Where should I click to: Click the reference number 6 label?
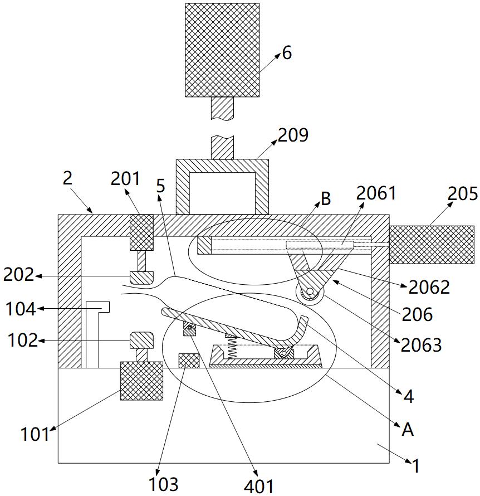pos(287,53)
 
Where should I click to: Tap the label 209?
pos(293,135)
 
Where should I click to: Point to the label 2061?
pos(376,193)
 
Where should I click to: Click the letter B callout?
pos(326,198)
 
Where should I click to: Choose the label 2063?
pos(421,345)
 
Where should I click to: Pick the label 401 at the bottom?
pos(259,486)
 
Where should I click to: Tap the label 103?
pos(163,484)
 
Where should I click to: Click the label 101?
pos(35,434)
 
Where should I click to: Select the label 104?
pos(21,309)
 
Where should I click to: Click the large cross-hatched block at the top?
pos(222,50)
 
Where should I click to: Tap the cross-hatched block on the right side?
pos(432,245)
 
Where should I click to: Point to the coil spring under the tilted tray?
pos(232,347)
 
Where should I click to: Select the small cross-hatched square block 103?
pos(189,361)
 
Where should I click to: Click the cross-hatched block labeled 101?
pos(141,381)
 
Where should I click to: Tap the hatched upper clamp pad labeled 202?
pos(142,278)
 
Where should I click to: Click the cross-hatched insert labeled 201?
pos(142,232)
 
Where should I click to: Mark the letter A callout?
pos(408,430)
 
